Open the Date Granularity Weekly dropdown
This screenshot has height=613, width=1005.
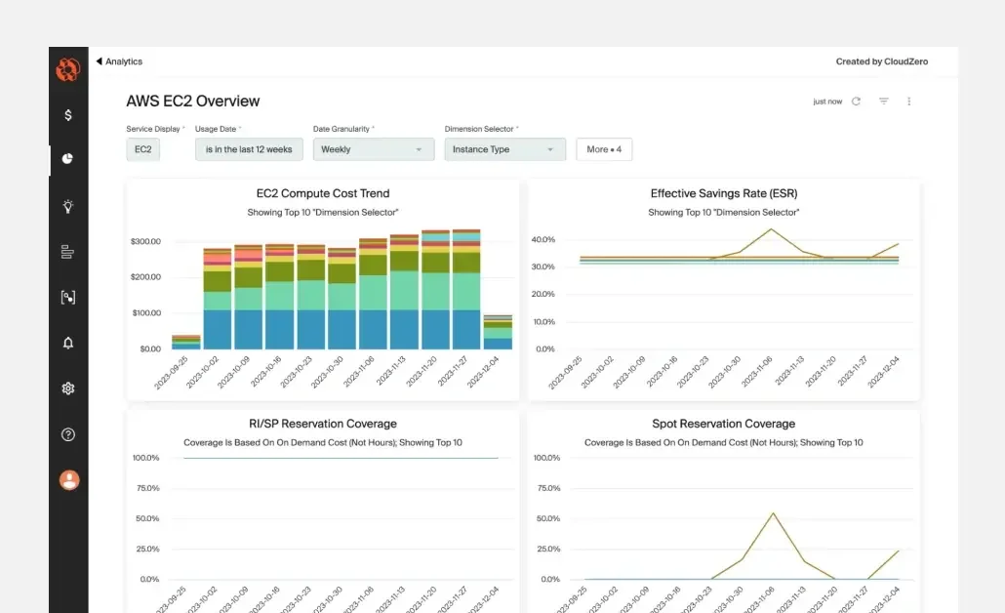point(373,149)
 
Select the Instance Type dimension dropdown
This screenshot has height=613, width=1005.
point(503,149)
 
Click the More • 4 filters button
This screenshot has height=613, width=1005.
point(604,149)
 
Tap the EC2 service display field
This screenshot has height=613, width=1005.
point(143,149)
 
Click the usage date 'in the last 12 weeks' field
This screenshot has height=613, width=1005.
point(249,149)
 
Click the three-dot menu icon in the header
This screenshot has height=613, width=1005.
point(909,102)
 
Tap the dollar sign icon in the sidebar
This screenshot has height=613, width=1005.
point(68,115)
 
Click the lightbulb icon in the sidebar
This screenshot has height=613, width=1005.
point(68,206)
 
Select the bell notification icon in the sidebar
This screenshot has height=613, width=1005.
point(68,343)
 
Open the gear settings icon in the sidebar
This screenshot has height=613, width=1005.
point(68,388)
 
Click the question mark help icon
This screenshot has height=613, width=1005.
point(68,434)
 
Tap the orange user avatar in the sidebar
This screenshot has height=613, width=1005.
point(68,480)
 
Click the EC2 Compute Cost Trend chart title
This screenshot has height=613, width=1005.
point(323,193)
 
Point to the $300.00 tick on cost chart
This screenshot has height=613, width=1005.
point(144,241)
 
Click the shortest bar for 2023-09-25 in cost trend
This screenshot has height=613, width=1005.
point(186,342)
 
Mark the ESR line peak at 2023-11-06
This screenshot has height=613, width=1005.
point(771,229)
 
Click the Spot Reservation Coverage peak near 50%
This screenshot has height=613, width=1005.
point(773,513)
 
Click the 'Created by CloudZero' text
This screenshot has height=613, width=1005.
point(881,61)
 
